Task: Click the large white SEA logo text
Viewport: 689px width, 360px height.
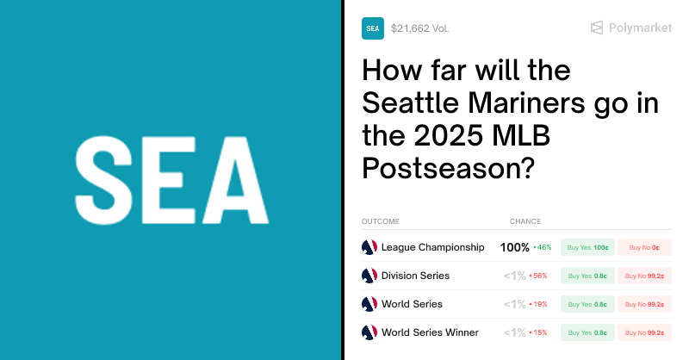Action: pos(171,180)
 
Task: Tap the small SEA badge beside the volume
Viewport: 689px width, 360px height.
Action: pos(373,28)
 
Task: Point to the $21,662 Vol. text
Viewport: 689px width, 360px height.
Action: pos(419,28)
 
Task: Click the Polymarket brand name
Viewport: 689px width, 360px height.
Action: pos(640,28)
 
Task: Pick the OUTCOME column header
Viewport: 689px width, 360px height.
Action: pos(381,221)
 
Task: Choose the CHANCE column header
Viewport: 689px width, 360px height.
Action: pos(525,221)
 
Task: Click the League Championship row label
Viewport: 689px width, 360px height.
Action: pos(432,247)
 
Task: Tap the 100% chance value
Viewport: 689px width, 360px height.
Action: pos(515,247)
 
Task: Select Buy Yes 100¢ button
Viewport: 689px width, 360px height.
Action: pos(587,247)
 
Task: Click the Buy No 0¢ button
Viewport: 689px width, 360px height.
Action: pos(644,247)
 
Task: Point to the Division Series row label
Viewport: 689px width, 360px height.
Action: pos(415,276)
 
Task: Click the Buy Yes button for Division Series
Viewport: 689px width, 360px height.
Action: pos(587,276)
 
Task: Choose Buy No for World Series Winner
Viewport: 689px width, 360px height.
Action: pos(644,332)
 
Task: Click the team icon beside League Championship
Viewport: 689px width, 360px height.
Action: pos(369,247)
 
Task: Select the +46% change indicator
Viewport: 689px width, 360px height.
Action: pos(543,248)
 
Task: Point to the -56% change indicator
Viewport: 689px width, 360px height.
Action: pos(539,276)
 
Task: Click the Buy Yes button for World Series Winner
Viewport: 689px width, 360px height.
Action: pos(587,332)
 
